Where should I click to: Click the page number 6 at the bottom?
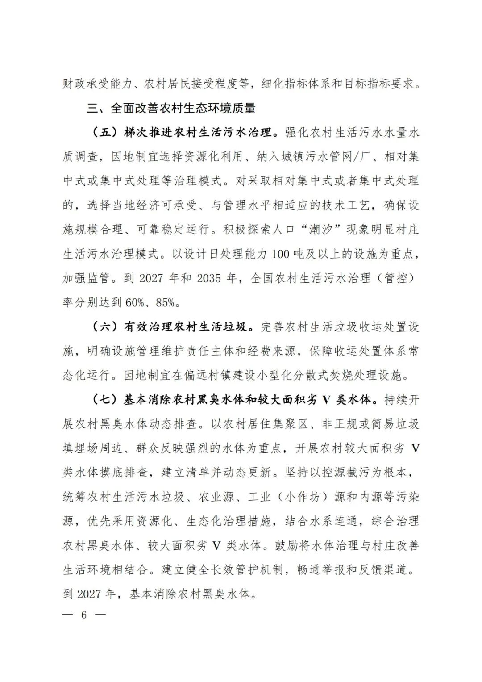coord(83,614)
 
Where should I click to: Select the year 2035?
coord(209,278)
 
